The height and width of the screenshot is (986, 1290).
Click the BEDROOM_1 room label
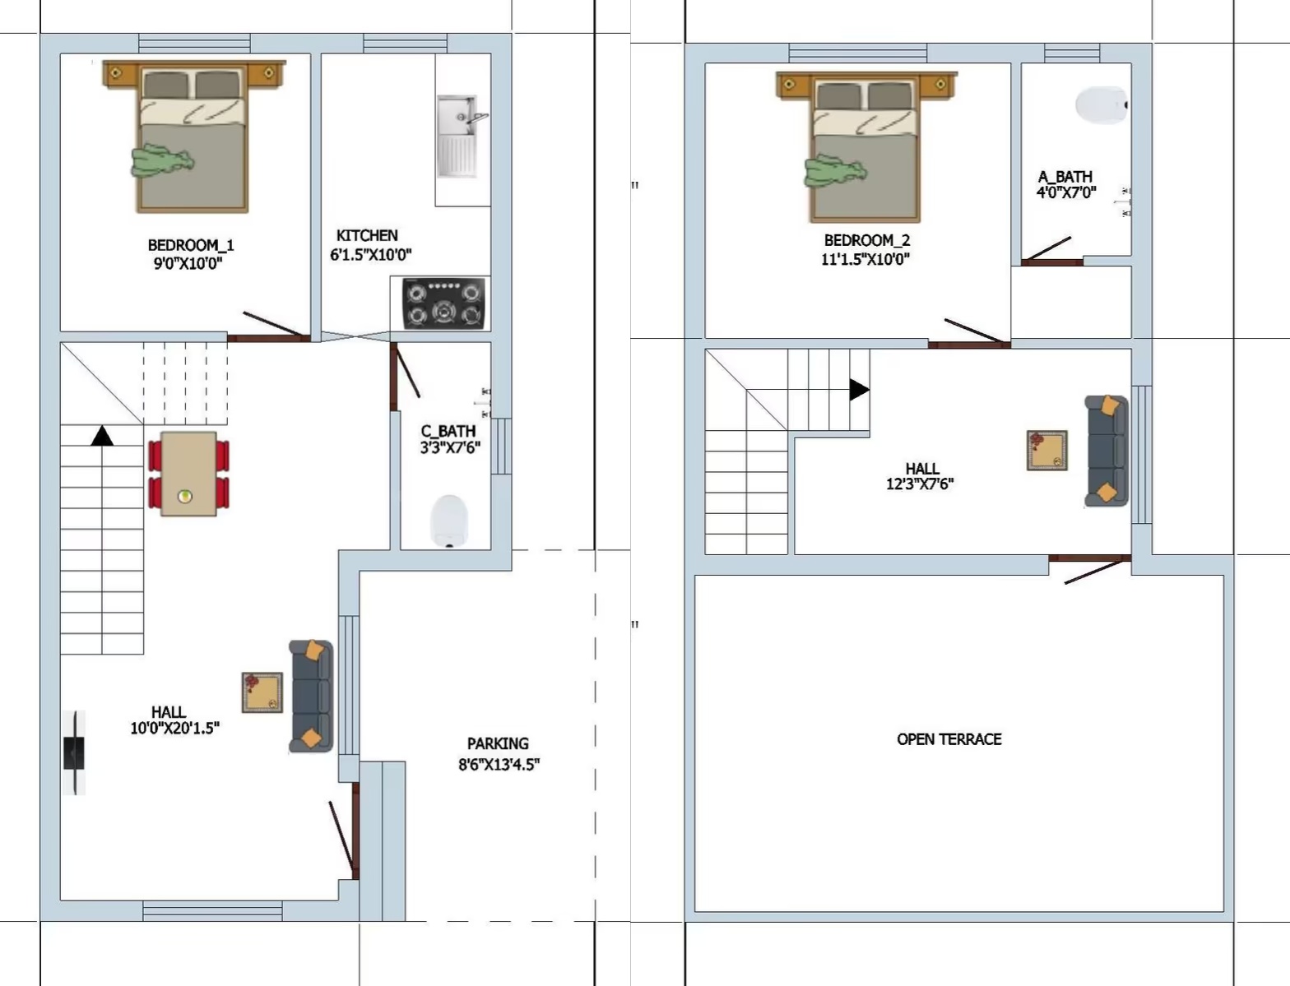point(190,245)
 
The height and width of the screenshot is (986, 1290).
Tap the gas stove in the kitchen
point(444,303)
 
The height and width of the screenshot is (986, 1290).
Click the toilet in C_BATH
point(449,521)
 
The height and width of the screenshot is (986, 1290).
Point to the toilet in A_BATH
point(1102,105)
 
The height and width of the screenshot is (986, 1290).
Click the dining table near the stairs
point(188,474)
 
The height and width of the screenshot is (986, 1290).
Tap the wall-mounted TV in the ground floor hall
point(74,752)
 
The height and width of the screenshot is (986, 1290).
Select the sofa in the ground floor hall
point(312,697)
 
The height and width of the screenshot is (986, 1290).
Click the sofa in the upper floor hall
point(1107,451)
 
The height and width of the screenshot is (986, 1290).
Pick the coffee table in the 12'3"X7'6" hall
point(1047,451)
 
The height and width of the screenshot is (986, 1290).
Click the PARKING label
point(498,743)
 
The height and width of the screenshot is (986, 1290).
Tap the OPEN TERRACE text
point(949,738)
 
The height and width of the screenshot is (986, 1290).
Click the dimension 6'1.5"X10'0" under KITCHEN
point(371,254)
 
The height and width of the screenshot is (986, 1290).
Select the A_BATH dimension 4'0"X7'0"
point(1066,192)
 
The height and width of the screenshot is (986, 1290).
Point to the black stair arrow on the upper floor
point(859,389)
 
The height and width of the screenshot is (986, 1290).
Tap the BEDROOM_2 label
point(867,240)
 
